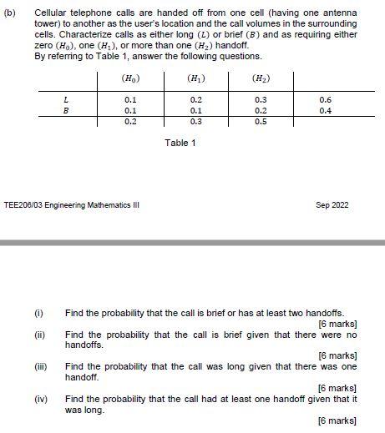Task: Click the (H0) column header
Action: (x=130, y=79)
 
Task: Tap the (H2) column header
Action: (x=260, y=79)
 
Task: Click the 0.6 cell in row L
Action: (x=325, y=99)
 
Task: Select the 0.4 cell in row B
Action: (x=325, y=109)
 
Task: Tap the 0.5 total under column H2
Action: (x=260, y=121)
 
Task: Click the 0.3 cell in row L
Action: (x=260, y=99)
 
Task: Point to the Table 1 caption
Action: (x=180, y=143)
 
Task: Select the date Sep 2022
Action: (x=333, y=205)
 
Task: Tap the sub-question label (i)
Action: (x=38, y=313)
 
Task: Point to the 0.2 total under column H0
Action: (x=130, y=121)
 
